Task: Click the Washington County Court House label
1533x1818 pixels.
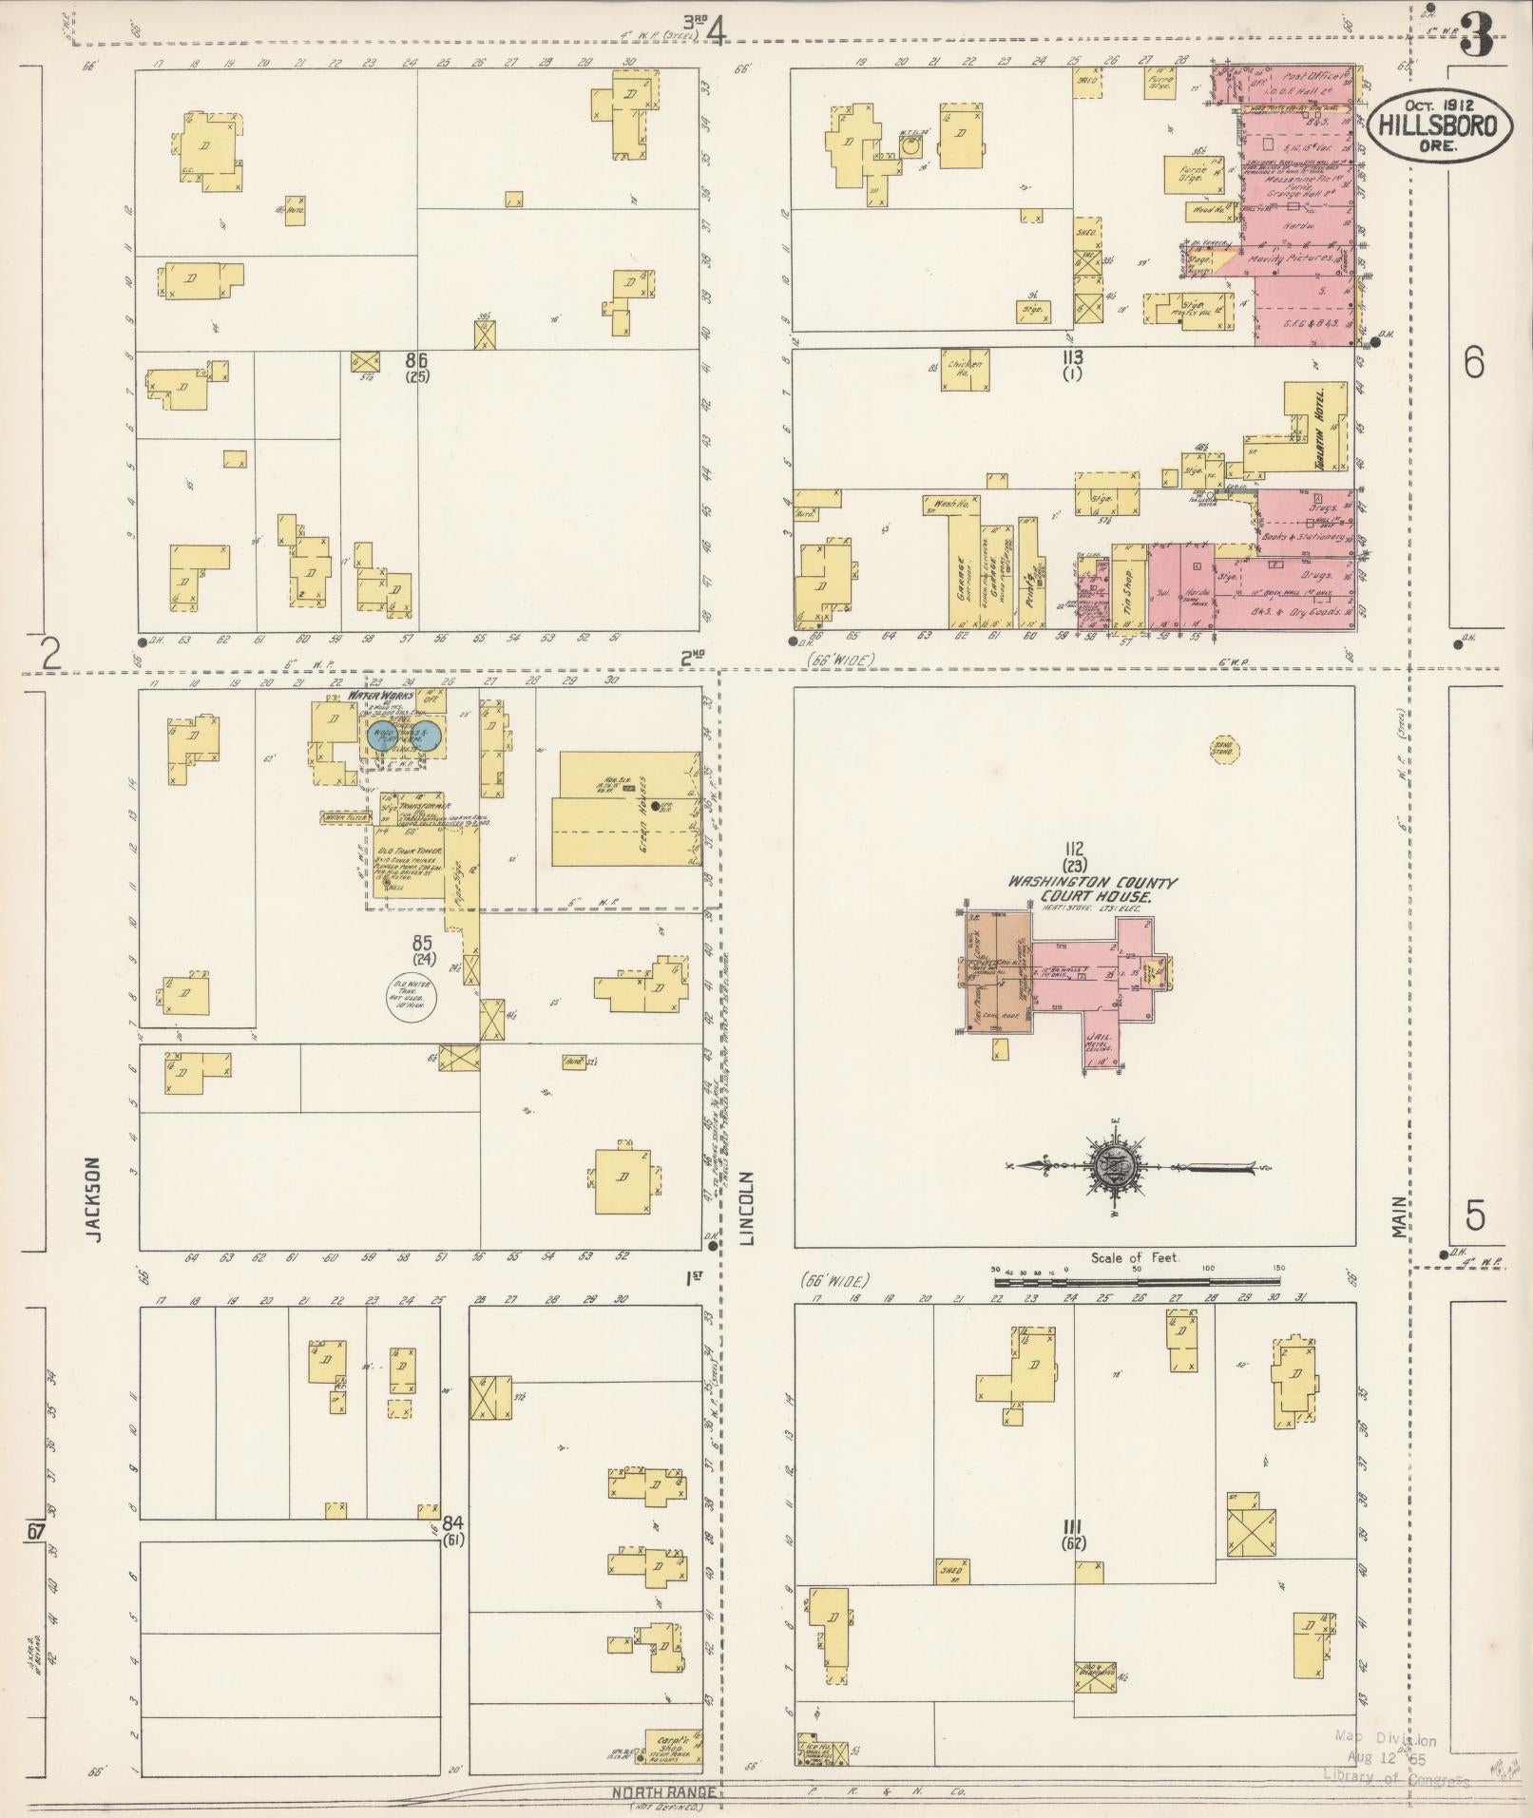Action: point(1092,890)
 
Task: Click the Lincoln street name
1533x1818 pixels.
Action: point(746,1207)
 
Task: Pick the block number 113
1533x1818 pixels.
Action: point(1074,358)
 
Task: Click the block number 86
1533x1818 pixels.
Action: point(415,360)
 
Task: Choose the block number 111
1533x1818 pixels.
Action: point(1075,1527)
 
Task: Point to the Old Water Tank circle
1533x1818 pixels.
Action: point(410,998)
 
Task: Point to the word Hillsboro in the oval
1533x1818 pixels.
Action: point(1438,125)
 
